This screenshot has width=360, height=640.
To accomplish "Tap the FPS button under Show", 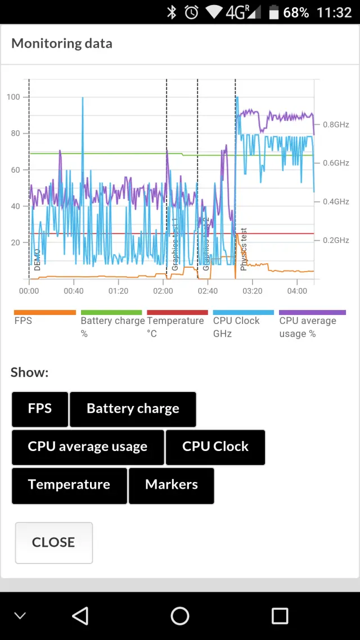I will [40, 409].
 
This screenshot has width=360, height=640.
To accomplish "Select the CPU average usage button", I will [88, 447].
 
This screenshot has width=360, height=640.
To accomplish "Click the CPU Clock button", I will [215, 447].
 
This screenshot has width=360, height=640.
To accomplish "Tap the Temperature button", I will [69, 485].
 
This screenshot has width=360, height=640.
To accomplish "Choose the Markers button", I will [172, 485].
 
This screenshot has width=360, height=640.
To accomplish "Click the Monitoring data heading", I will [62, 43].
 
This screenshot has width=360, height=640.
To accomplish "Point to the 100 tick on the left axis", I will [13, 97].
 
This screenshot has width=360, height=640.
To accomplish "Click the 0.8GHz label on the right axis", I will [336, 124].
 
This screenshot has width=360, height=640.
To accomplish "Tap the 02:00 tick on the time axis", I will [163, 291].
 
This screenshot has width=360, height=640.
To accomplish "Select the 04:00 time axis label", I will [297, 291].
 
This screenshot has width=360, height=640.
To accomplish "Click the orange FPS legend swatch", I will [44, 312].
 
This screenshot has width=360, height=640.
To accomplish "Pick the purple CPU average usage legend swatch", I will [312, 312].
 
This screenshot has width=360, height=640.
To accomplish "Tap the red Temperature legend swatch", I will [177, 312].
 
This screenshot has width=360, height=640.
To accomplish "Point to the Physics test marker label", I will [244, 250].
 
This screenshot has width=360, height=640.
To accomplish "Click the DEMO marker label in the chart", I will [37, 260].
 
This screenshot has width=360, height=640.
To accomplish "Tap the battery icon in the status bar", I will [274, 12].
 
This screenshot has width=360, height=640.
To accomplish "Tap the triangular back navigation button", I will [80, 616].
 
